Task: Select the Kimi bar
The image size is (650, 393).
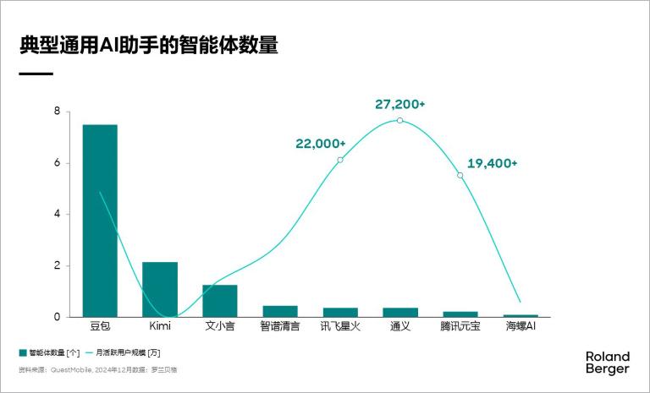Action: (159, 289)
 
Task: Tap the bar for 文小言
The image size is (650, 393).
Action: (219, 300)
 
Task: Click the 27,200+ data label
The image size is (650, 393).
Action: (399, 104)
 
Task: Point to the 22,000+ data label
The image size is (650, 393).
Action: (321, 144)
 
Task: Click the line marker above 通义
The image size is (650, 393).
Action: (399, 121)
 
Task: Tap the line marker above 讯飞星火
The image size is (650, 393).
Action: (339, 160)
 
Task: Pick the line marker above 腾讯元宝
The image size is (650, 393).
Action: (460, 176)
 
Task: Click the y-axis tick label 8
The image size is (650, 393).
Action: (57, 112)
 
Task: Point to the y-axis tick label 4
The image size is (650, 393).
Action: (57, 215)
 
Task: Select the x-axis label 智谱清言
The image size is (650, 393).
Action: (279, 325)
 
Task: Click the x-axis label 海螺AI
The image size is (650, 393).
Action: (521, 325)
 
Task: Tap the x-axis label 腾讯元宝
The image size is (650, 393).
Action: (460, 325)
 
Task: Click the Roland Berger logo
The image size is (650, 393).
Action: (607, 363)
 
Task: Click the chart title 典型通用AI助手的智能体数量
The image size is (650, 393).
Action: (149, 46)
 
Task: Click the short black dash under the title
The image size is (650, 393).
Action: (36, 74)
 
